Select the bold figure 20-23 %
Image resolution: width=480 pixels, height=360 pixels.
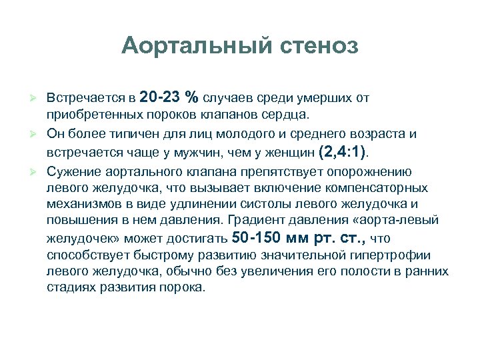[169, 97]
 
